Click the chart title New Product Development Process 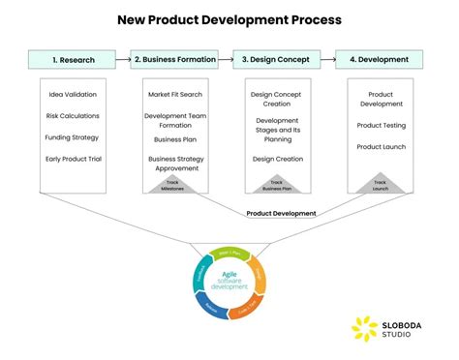[229, 18]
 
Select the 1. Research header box [74, 59]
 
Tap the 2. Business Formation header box [174, 59]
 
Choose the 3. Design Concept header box [276, 59]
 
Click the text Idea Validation [74, 95]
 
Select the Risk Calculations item [74, 116]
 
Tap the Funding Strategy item [74, 137]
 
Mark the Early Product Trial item [74, 159]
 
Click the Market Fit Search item [174, 95]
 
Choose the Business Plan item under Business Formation [174, 139]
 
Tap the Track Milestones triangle [174, 184]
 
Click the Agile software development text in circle [229, 280]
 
